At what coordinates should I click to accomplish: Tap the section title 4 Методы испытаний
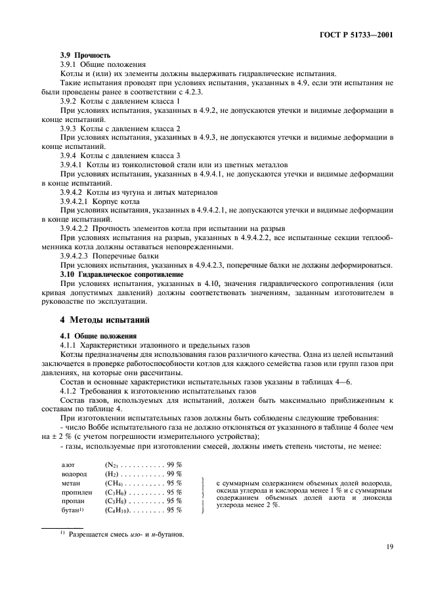pyautogui.click(x=105, y=320)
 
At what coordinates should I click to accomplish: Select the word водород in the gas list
pyautogui.click(x=72, y=473)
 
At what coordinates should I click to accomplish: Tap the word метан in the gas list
pyautogui.click(x=69, y=482)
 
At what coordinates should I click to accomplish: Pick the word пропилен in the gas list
pyautogui.click(x=74, y=491)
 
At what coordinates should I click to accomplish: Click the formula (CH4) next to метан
pyautogui.click(x=116, y=482)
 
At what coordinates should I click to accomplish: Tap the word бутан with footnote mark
pyautogui.click(x=70, y=510)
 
